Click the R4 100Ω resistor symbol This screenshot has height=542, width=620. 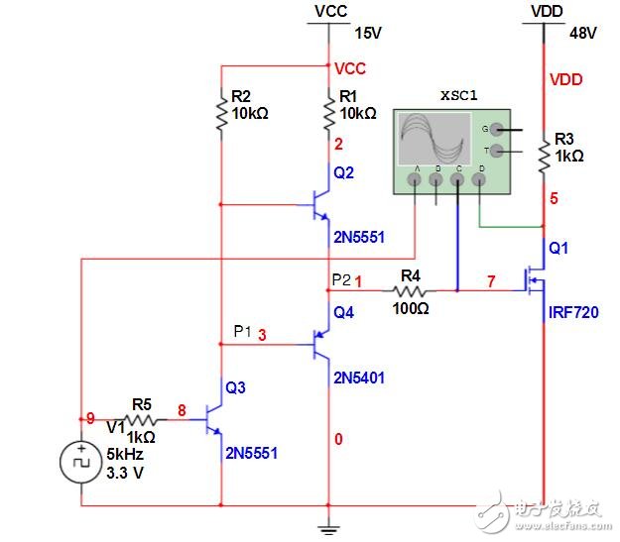tap(409, 291)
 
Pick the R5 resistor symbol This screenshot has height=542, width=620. tap(142, 419)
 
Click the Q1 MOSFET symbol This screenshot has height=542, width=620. tap(537, 281)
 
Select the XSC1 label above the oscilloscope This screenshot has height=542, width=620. tap(459, 97)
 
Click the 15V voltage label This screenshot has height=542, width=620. tap(367, 33)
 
